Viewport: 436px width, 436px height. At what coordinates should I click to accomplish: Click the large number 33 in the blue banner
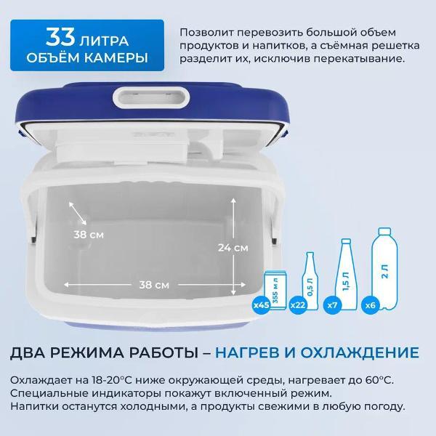coord(60,37)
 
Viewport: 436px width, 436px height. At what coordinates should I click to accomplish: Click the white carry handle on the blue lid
coord(151,98)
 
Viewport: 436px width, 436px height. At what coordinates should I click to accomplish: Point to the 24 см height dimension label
coord(233,248)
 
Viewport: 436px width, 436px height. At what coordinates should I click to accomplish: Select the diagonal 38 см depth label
coord(89,235)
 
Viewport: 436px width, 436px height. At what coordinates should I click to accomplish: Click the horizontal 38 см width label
coord(154,285)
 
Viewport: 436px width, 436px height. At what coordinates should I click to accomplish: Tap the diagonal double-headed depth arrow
coord(78,213)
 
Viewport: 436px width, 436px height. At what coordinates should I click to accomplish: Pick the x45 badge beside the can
coord(262,305)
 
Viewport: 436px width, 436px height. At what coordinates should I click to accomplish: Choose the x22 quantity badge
coord(298,305)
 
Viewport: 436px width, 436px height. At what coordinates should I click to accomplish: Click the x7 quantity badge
coord(332,305)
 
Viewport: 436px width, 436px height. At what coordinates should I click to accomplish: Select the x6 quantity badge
coord(370,305)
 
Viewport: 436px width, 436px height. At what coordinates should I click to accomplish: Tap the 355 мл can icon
coord(275,291)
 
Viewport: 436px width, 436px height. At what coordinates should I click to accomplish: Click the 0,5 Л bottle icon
coord(310,281)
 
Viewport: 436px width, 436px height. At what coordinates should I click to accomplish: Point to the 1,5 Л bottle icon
coord(346,274)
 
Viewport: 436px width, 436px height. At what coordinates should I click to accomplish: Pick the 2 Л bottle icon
coord(385,269)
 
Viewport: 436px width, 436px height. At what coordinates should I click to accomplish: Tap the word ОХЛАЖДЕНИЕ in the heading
coord(360,352)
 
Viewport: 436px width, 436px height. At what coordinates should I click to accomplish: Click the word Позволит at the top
coord(206,33)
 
